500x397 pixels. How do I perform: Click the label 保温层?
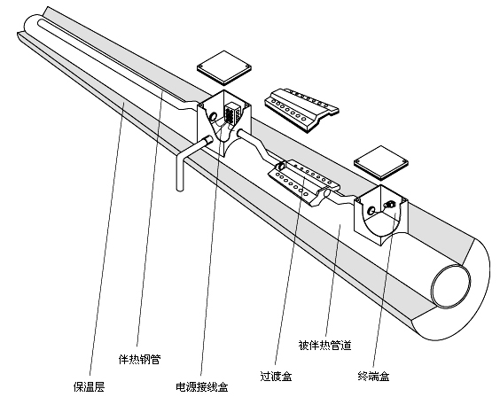coord(89,386)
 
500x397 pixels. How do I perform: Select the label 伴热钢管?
coord(139,360)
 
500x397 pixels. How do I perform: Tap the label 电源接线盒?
coord(202,386)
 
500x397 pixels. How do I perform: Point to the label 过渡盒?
coord(276,376)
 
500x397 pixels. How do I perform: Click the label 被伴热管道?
coord(324,345)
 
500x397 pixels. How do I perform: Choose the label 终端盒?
coord(374,377)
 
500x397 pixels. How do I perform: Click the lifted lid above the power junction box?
coord(224,68)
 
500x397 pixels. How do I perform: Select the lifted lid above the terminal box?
coord(381,162)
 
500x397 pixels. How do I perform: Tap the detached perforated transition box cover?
coord(301,110)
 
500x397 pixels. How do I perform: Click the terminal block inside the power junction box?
coord(232,113)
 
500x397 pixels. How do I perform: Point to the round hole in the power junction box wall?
coord(213,117)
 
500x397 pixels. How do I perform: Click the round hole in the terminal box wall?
coord(371,210)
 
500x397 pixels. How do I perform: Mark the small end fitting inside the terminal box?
coord(389,204)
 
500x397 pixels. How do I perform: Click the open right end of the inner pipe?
coord(451,285)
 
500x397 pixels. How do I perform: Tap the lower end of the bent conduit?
coord(180,189)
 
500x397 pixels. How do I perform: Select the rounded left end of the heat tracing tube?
coord(40,23)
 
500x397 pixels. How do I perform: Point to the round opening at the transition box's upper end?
coord(282,166)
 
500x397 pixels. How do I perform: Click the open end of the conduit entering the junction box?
coord(209,139)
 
